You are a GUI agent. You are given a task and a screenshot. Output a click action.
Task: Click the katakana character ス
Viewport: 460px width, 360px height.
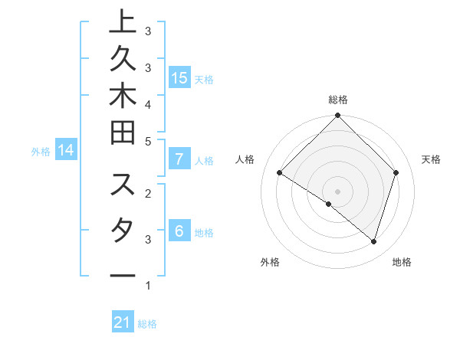tap(123, 186)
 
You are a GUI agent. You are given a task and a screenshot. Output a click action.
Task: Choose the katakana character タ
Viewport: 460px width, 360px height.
tap(123, 231)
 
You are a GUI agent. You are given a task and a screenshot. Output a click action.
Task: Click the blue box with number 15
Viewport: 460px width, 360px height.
tap(179, 77)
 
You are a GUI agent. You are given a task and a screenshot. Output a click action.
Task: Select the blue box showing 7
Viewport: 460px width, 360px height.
tap(179, 160)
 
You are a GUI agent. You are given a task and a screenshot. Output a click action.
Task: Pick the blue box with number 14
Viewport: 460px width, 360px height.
tap(66, 151)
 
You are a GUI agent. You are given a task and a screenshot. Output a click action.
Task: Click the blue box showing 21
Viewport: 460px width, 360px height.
tap(123, 323)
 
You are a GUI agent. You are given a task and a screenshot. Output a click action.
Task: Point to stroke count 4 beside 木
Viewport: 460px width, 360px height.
tap(148, 103)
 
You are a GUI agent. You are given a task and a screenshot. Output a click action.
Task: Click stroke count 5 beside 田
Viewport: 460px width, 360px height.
tap(148, 141)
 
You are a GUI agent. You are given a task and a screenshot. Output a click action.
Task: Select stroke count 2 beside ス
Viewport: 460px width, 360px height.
tap(148, 192)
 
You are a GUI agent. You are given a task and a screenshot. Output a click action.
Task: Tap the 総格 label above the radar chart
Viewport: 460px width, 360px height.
tap(338, 100)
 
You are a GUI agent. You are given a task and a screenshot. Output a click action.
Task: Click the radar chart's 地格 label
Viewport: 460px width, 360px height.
tap(402, 262)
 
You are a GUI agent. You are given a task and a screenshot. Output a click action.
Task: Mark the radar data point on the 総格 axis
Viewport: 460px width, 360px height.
tap(337, 116)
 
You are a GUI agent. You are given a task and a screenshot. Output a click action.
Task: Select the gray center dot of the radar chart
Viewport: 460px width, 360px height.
tap(337, 191)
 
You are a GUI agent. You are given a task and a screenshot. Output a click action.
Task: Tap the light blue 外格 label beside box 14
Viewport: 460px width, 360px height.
tap(41, 152)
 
